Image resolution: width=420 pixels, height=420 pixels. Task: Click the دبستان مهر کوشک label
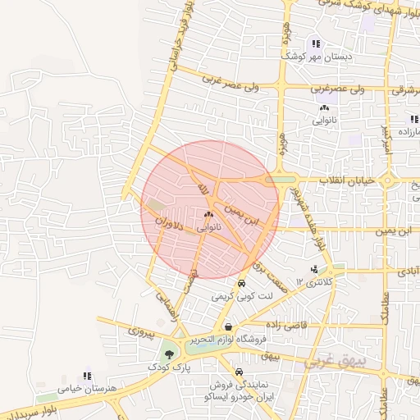point(317,57)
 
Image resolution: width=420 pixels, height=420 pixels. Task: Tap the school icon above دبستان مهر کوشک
point(317,43)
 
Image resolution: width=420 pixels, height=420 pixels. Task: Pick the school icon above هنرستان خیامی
point(87,375)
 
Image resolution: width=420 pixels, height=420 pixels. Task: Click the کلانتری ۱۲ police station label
point(317,282)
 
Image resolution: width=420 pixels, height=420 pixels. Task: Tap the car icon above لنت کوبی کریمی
point(240,283)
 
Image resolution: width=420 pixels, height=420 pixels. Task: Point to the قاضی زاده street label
point(285,325)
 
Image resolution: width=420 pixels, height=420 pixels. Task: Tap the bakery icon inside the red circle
point(208,214)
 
